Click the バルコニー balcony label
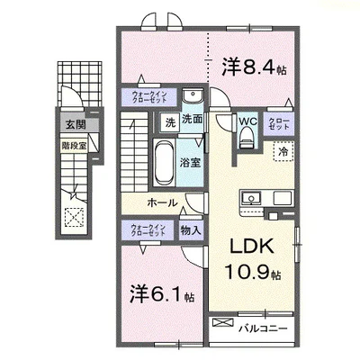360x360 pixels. click(x=262, y=328)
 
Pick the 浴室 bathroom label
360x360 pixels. click(x=189, y=164)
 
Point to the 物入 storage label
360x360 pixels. click(x=189, y=229)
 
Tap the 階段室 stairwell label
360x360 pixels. click(x=73, y=142)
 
